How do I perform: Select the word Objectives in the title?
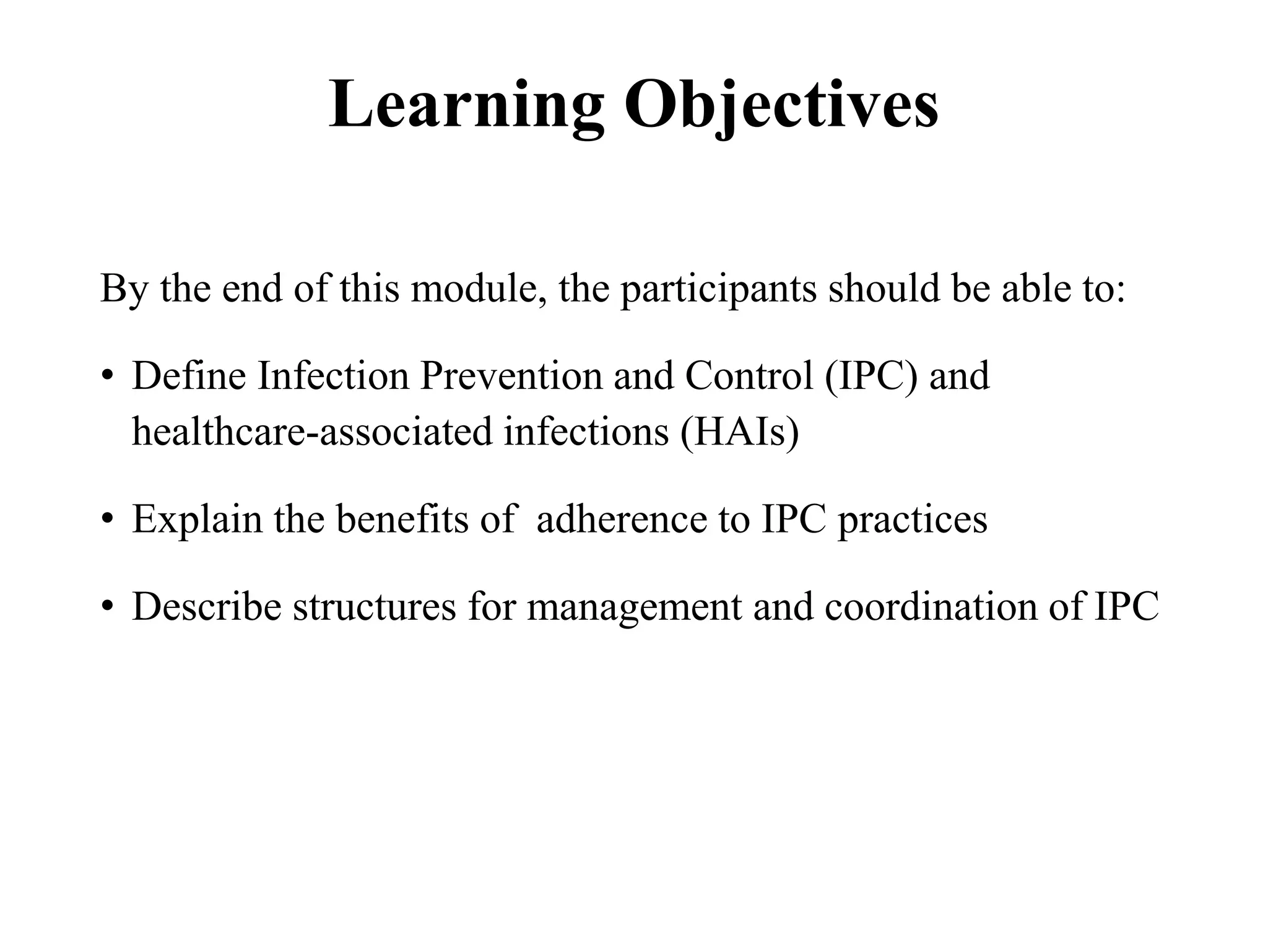pos(781,105)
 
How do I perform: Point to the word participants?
pos(718,290)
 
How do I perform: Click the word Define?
pos(189,376)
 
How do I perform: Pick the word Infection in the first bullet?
pos(333,376)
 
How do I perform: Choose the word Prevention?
pos(511,376)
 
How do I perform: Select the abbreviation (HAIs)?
pos(739,432)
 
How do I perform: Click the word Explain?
pos(198,520)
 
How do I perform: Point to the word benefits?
pos(402,519)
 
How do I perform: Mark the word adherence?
pos(622,519)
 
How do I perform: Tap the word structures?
pos(374,607)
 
